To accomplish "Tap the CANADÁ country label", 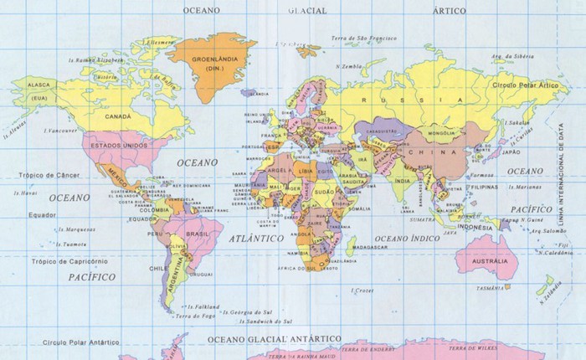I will pyautogui.click(x=118, y=116).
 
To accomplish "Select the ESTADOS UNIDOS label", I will pyautogui.click(x=119, y=147).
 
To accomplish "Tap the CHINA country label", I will pyautogui.click(x=444, y=152).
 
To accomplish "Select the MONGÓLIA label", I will pyautogui.click(x=441, y=133).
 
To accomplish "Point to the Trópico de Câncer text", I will pyautogui.click(x=44, y=175).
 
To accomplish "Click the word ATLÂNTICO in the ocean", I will pyautogui.click(x=256, y=239).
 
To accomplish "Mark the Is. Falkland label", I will pyautogui.click(x=204, y=306).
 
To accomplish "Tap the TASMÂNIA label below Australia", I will pyautogui.click(x=491, y=288).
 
